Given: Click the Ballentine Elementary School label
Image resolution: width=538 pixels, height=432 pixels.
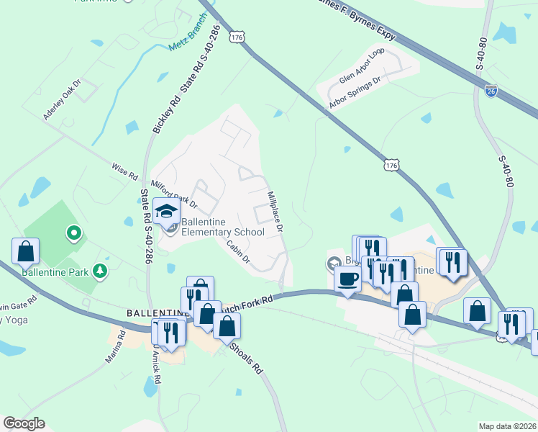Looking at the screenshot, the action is [222, 227].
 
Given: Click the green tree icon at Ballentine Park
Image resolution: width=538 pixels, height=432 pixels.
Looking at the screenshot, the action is [101, 271].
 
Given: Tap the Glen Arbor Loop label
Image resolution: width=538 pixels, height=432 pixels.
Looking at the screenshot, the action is [362, 67].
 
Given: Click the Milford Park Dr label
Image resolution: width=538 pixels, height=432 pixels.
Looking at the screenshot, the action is [173, 194].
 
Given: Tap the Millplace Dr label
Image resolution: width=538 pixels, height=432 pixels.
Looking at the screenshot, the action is [275, 211].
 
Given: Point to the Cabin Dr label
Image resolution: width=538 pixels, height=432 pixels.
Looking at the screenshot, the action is [237, 250].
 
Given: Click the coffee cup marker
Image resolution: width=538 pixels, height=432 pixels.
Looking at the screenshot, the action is [348, 279].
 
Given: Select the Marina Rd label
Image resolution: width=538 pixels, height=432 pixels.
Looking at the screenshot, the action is [117, 348].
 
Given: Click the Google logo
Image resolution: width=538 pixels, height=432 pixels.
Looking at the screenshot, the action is [24, 423].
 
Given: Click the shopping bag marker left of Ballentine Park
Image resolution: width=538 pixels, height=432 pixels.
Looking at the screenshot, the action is [26, 251].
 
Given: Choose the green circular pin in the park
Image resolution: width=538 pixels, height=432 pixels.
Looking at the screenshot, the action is [73, 233].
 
